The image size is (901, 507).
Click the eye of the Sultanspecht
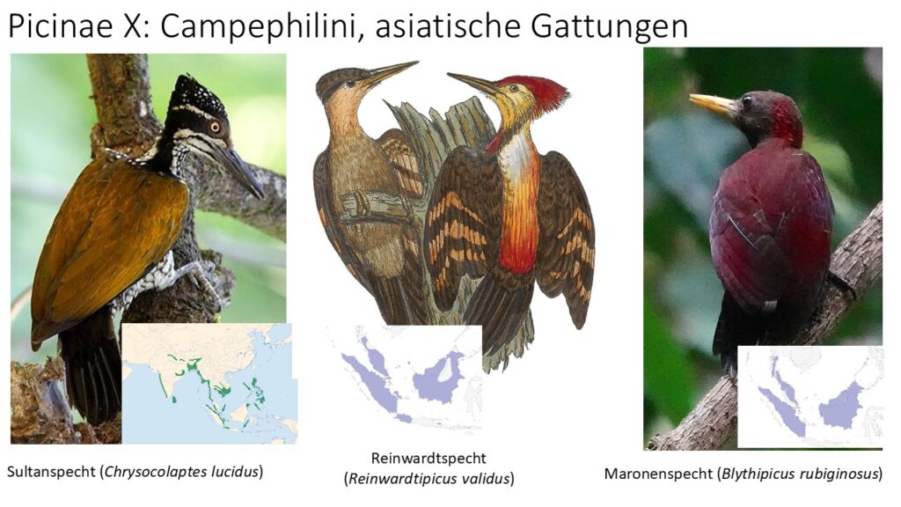(215, 127)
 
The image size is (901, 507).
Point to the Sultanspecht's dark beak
(239, 170)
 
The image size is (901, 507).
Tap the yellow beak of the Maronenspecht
(713, 104)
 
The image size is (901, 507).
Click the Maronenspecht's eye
(747, 101)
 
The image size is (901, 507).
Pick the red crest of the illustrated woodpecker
(538, 92)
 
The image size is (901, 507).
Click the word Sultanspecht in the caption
(51, 472)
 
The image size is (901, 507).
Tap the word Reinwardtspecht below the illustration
(429, 458)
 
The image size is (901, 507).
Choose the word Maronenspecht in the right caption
(657, 474)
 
